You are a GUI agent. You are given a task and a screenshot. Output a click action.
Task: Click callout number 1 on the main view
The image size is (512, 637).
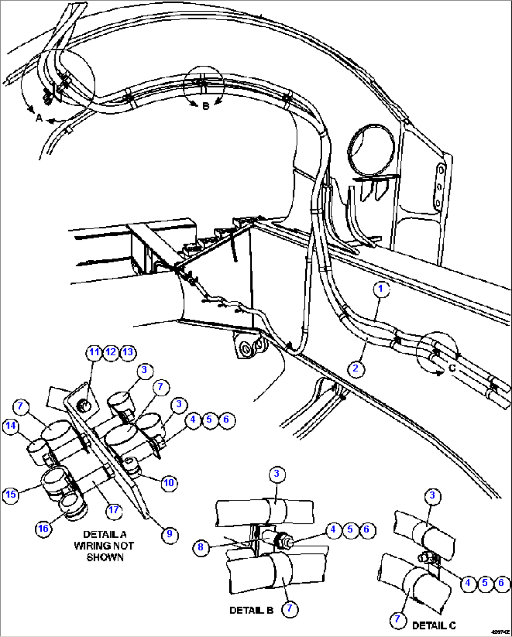click(x=380, y=289)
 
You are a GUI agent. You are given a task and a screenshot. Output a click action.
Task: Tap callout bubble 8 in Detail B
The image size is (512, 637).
click(x=201, y=547)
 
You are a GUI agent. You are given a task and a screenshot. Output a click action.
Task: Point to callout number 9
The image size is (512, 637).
click(x=170, y=534)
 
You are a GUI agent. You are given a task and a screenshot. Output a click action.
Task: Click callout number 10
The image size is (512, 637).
click(x=169, y=483)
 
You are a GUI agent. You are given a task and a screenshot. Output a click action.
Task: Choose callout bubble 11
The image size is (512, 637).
click(x=94, y=352)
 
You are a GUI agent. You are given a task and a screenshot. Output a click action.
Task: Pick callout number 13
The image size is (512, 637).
click(x=127, y=352)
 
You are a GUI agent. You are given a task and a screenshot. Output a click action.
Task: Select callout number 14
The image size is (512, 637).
click(x=11, y=426)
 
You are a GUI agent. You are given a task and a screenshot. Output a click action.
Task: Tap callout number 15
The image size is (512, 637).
click(x=11, y=494)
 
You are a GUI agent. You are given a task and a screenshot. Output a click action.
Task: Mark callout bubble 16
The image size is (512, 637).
click(x=43, y=529)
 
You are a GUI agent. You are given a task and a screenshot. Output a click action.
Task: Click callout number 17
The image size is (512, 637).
click(x=114, y=510)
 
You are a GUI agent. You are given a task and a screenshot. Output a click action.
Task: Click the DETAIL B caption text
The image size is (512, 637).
click(x=251, y=610)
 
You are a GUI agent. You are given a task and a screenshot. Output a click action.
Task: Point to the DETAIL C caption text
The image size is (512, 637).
click(x=434, y=625)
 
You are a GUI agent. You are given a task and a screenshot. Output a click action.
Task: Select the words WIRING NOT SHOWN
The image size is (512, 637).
click(x=104, y=552)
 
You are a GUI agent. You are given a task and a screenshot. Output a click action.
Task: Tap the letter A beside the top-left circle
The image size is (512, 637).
click(x=39, y=118)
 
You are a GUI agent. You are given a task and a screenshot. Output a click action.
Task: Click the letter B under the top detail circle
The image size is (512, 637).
click(x=205, y=107)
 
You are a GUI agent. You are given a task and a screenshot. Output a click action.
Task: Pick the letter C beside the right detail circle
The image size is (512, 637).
click(x=452, y=368)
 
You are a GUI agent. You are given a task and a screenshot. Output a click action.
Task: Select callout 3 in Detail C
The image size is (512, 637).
click(x=432, y=495)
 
